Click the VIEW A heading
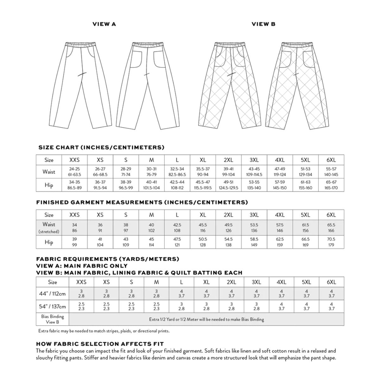coord(104,24)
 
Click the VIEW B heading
coord(263,24)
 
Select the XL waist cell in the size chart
coord(203,172)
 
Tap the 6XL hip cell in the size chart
coord(331,185)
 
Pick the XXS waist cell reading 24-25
coord(74,172)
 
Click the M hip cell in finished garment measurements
coord(151,242)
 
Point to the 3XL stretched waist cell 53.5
coord(254,227)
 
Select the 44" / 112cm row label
coord(53,294)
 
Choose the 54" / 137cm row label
coord(53,306)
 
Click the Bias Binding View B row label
coord(53,319)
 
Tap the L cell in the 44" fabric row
coord(181,294)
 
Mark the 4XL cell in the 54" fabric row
coord(282,306)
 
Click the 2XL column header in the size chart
coord(228,160)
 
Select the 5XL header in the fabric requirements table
coord(306,282)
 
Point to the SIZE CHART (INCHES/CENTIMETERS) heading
coord(101,148)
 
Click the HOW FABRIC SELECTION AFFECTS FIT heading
coord(100,344)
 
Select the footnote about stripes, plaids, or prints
coord(104,331)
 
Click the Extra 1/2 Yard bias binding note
coord(206,319)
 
